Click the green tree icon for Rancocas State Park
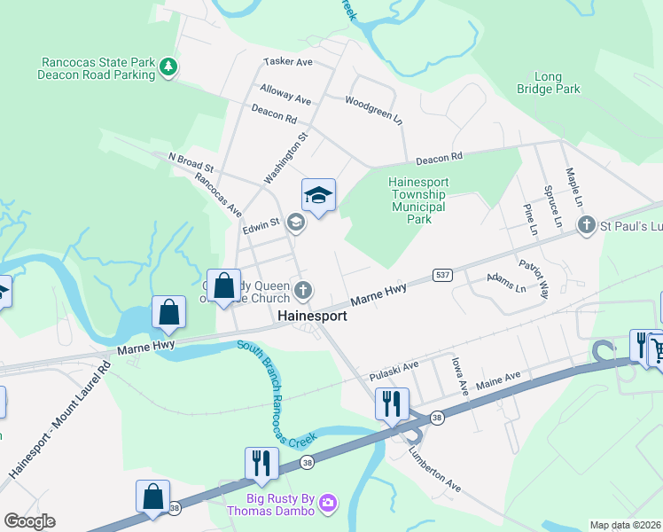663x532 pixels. click(167, 66)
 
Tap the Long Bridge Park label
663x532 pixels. click(549, 83)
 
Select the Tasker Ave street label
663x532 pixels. click(288, 62)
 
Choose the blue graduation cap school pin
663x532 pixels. click(318, 194)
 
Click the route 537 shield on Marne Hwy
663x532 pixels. click(444, 276)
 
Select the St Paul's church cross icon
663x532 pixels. click(585, 226)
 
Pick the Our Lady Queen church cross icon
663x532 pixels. click(303, 289)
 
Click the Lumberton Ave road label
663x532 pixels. click(435, 468)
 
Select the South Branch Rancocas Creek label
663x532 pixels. click(277, 392)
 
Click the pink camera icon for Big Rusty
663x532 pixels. click(328, 504)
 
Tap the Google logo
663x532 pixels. click(29, 521)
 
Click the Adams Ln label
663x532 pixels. click(506, 282)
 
